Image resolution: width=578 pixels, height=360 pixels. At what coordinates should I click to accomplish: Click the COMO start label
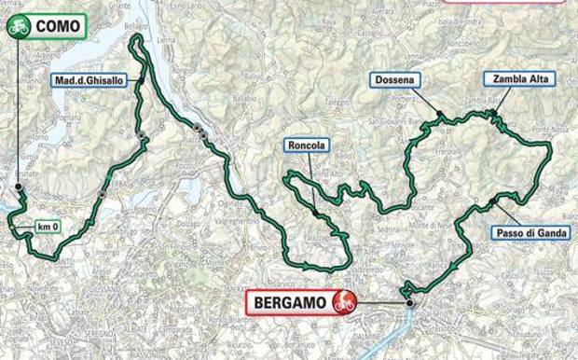56,27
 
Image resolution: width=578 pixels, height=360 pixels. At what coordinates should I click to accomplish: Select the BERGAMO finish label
290,301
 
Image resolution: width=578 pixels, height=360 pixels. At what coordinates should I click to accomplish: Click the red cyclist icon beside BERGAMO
345,301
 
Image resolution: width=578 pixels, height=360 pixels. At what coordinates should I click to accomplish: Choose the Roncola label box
308,146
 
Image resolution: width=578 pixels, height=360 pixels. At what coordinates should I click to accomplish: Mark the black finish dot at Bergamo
409,302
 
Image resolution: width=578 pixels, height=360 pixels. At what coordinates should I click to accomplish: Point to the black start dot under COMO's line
18,187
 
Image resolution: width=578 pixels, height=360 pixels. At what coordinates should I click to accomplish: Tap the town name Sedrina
383,228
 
